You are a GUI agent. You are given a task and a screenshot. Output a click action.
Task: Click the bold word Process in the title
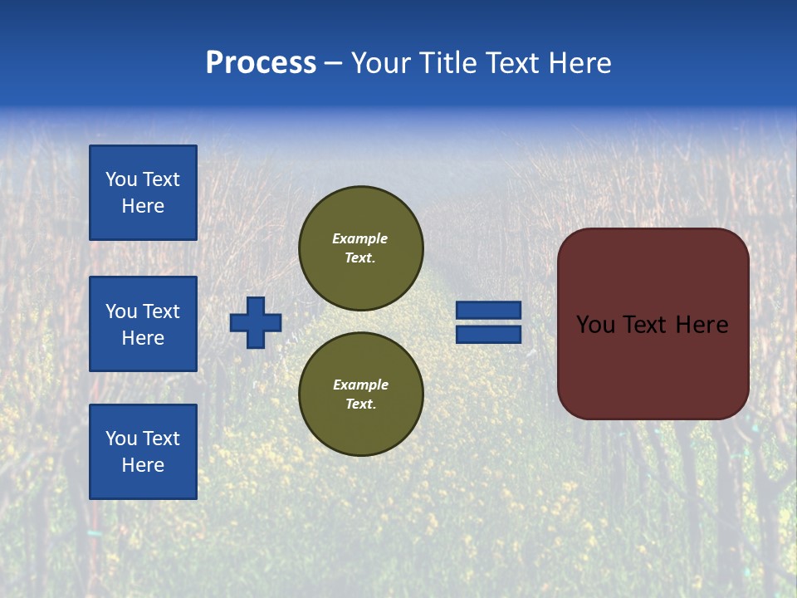[x=261, y=63]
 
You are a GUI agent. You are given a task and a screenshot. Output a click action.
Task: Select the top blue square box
[x=143, y=193]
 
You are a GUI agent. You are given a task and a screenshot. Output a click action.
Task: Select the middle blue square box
[x=143, y=324]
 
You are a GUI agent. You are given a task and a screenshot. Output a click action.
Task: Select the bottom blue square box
[x=143, y=452]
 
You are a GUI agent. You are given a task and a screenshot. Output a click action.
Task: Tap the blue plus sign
[x=256, y=322]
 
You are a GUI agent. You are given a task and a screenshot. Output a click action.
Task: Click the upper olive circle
[x=361, y=248]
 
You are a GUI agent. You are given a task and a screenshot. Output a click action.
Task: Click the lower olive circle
[x=361, y=395]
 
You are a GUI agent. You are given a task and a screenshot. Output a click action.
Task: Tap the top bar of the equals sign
[x=489, y=310]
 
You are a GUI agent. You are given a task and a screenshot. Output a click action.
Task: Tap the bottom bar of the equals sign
[x=489, y=334]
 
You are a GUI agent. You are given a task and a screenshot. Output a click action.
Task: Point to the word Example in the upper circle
[x=360, y=238]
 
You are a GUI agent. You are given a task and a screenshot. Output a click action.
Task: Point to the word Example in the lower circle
[x=360, y=385]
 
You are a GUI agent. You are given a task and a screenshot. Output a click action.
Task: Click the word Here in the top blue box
[x=143, y=206]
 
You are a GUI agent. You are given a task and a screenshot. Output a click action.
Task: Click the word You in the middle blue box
[x=120, y=311]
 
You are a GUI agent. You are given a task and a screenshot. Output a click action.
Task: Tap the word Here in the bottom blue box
[x=143, y=465]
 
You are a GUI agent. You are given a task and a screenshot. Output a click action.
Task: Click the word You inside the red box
[x=595, y=325]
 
